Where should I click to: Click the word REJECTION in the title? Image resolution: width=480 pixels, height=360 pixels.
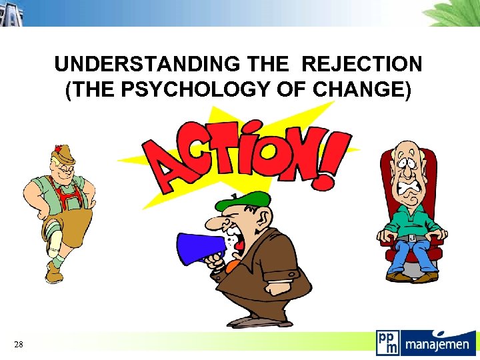[362, 65]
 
